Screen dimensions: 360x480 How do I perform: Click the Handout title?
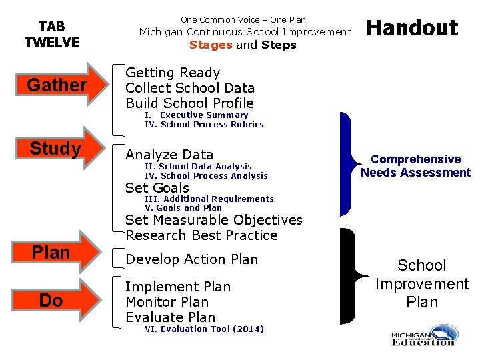[413, 28]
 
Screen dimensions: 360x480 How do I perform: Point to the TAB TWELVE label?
[51, 35]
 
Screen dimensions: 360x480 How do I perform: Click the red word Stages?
[211, 45]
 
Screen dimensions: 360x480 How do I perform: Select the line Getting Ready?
[173, 73]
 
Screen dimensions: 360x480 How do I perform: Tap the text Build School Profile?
[189, 103]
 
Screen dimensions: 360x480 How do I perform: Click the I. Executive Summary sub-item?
[196, 115]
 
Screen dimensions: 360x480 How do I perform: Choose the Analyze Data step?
[169, 155]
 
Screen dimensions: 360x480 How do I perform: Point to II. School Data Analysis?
[198, 167]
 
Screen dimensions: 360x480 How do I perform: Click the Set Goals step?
[157, 188]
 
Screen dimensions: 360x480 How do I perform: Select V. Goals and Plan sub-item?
[183, 207]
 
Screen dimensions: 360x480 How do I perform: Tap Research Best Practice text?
[201, 235]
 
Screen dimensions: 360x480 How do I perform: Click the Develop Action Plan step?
[191, 259]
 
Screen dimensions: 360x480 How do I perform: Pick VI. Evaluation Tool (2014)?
[204, 329]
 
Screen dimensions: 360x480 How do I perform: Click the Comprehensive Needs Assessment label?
[415, 166]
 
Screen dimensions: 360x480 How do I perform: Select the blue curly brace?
[347, 165]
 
